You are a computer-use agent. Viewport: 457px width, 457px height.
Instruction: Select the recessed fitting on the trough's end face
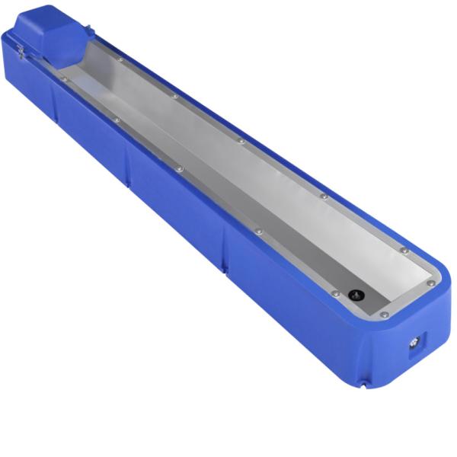(414, 342)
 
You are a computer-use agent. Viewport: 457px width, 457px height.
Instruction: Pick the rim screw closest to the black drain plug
(334, 293)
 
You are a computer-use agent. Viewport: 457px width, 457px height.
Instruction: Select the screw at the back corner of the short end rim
(431, 283)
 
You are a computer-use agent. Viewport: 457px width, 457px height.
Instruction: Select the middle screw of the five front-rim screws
(180, 168)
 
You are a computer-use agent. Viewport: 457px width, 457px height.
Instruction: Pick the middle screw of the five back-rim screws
(241, 142)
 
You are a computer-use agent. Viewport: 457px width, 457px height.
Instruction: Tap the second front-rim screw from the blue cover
(117, 120)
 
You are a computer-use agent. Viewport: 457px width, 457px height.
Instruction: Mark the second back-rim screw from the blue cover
(175, 97)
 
